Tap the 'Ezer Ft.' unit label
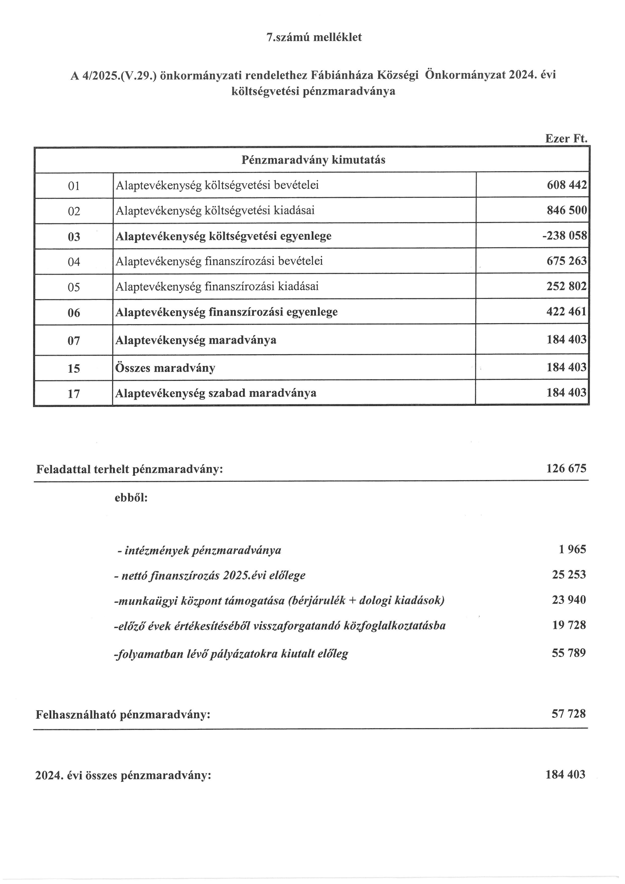click(566, 139)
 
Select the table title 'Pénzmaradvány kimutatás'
click(313, 160)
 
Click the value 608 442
click(567, 185)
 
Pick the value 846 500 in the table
click(567, 210)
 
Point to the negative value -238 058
click(564, 236)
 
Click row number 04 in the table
click(74, 262)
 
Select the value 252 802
click(567, 286)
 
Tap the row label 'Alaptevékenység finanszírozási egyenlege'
click(226, 312)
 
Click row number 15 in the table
click(74, 369)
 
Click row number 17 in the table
click(74, 393)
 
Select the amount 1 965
click(572, 550)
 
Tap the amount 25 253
click(569, 575)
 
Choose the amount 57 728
click(569, 714)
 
